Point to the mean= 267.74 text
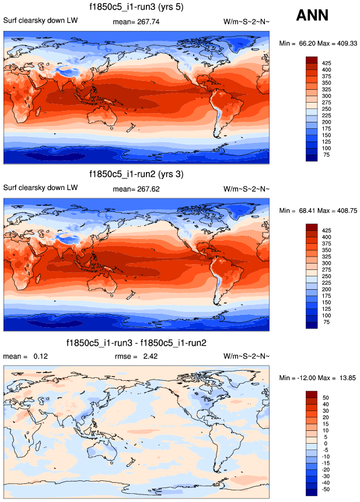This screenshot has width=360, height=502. [x=136, y=22]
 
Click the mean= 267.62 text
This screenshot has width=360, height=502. [x=136, y=188]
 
